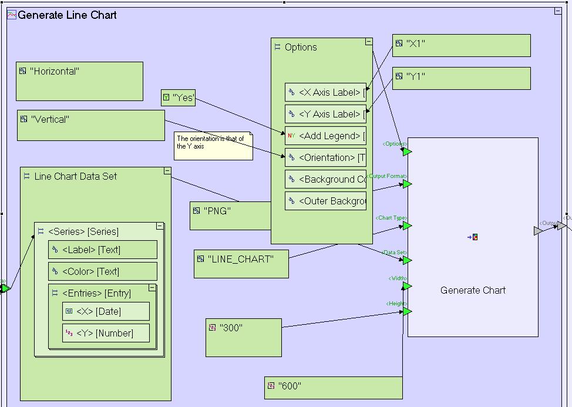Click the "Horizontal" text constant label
[55, 72]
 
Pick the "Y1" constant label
[415, 77]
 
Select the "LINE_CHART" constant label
[241, 259]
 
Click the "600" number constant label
[290, 386]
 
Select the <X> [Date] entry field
[106, 311]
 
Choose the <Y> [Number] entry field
[106, 333]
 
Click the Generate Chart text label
[473, 290]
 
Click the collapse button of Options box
[369, 42]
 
